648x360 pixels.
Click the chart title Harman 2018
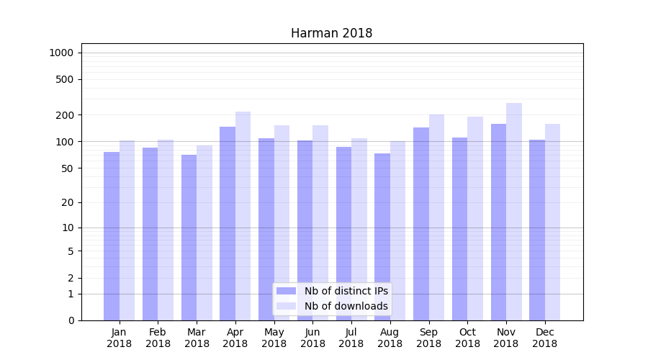tap(331, 33)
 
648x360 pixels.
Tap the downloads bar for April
tap(243, 216)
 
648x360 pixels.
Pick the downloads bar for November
tap(514, 212)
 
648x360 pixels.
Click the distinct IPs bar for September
tap(421, 223)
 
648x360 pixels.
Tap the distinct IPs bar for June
tap(305, 230)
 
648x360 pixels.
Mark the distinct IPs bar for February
tap(150, 233)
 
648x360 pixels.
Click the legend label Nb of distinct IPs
tap(346, 291)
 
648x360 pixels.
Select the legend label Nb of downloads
tap(346, 306)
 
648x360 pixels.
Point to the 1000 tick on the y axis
tap(61, 53)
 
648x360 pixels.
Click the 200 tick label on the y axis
tap(65, 115)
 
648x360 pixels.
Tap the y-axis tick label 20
tap(68, 202)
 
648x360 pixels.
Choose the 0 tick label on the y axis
tap(71, 320)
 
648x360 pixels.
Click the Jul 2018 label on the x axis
tap(351, 338)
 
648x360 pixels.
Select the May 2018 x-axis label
tap(274, 338)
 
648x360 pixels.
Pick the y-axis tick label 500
tap(65, 79)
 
